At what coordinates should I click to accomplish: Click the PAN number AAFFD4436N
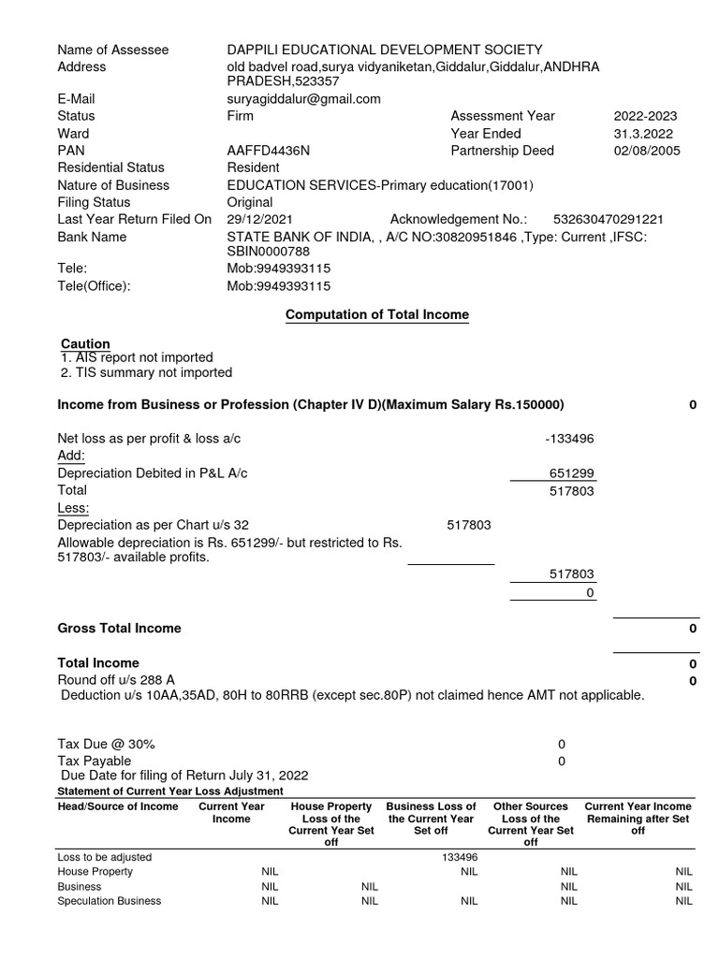pos(268,151)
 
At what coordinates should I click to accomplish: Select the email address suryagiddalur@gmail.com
pos(303,99)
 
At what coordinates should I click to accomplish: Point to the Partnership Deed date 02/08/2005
pos(647,151)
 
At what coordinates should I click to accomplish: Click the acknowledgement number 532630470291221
pos(609,220)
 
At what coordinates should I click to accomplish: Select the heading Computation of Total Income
pos(376,315)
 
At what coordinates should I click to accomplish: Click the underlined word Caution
pos(85,343)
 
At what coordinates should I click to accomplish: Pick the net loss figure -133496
pos(569,439)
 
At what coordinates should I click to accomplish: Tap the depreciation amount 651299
pos(571,473)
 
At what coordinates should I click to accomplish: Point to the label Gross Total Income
pos(119,629)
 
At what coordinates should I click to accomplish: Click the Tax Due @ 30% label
pos(107,744)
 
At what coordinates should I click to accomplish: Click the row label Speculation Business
pos(109,901)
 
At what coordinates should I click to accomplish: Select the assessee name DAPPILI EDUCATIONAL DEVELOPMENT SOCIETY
pos(384,50)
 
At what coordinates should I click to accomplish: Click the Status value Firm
pos(240,116)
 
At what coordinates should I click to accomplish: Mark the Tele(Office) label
pos(94,286)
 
